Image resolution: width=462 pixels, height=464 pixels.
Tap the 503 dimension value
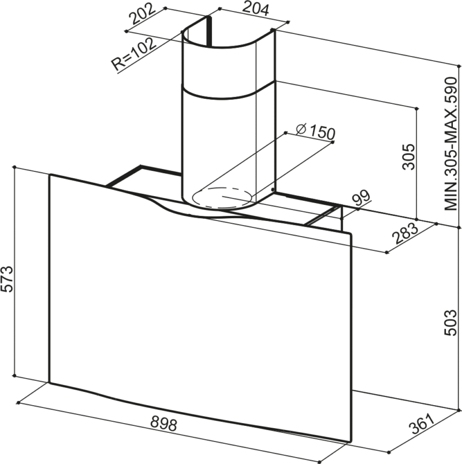(x=452, y=327)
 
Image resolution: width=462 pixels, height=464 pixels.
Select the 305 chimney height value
(x=408, y=156)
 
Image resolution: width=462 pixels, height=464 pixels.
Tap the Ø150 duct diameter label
(x=315, y=132)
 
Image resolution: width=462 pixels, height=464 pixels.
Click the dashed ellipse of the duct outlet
(x=222, y=197)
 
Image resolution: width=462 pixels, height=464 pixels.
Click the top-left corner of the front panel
(x=50, y=175)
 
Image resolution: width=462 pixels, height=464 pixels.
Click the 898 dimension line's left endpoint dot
(x=18, y=401)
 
